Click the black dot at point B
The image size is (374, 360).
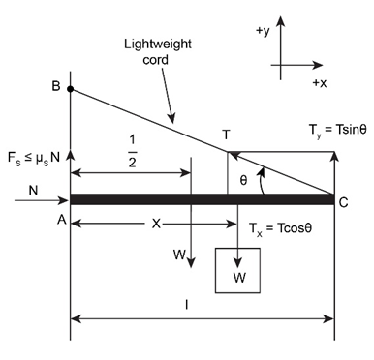(x=71, y=89)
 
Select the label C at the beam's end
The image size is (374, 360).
(x=343, y=202)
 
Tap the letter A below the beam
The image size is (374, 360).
(x=62, y=220)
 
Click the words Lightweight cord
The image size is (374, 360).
(x=158, y=51)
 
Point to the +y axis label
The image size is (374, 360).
(x=263, y=31)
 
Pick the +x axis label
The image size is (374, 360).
(x=320, y=83)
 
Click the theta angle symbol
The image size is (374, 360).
(x=243, y=181)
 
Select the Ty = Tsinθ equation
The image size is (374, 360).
(x=338, y=130)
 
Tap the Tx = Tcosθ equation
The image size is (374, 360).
(x=281, y=228)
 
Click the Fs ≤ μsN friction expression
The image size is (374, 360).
(x=34, y=158)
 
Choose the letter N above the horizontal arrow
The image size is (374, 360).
(x=33, y=191)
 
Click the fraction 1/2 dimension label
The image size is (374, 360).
(x=132, y=151)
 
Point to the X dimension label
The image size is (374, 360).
(x=156, y=224)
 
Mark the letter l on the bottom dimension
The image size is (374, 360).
(x=187, y=304)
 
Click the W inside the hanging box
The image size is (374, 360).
(x=239, y=278)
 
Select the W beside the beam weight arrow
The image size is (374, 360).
(x=179, y=255)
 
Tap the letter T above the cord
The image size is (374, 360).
(x=227, y=135)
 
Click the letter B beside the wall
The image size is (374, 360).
(x=56, y=86)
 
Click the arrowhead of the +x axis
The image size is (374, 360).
(x=318, y=65)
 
